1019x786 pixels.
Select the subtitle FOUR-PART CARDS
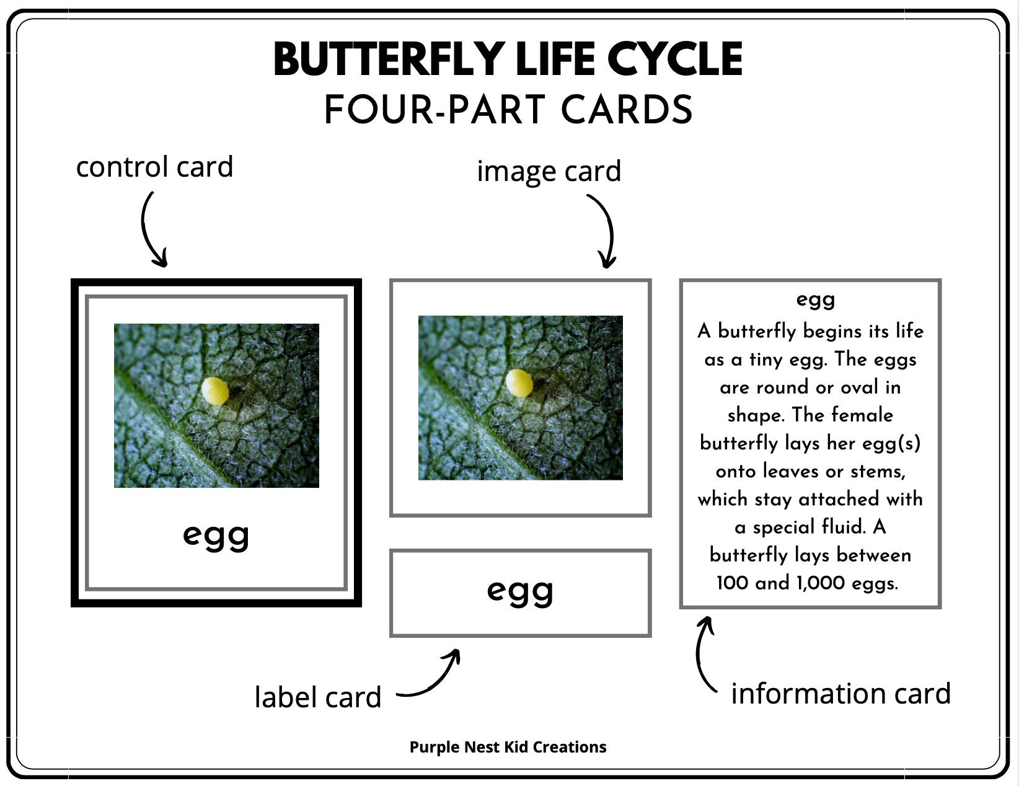(x=508, y=110)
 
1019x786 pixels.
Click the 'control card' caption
(x=154, y=167)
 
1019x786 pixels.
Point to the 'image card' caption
(x=549, y=171)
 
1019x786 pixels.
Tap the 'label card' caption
(x=318, y=697)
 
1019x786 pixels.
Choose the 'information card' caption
(x=840, y=693)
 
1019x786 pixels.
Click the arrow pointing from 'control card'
(x=152, y=229)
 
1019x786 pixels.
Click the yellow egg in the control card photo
(x=215, y=391)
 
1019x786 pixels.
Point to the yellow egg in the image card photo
(x=519, y=383)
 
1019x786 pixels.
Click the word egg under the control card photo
(x=216, y=535)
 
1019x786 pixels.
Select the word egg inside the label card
(x=520, y=591)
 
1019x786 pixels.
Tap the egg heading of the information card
(x=816, y=300)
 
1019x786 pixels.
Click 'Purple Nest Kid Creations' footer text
(x=508, y=747)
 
